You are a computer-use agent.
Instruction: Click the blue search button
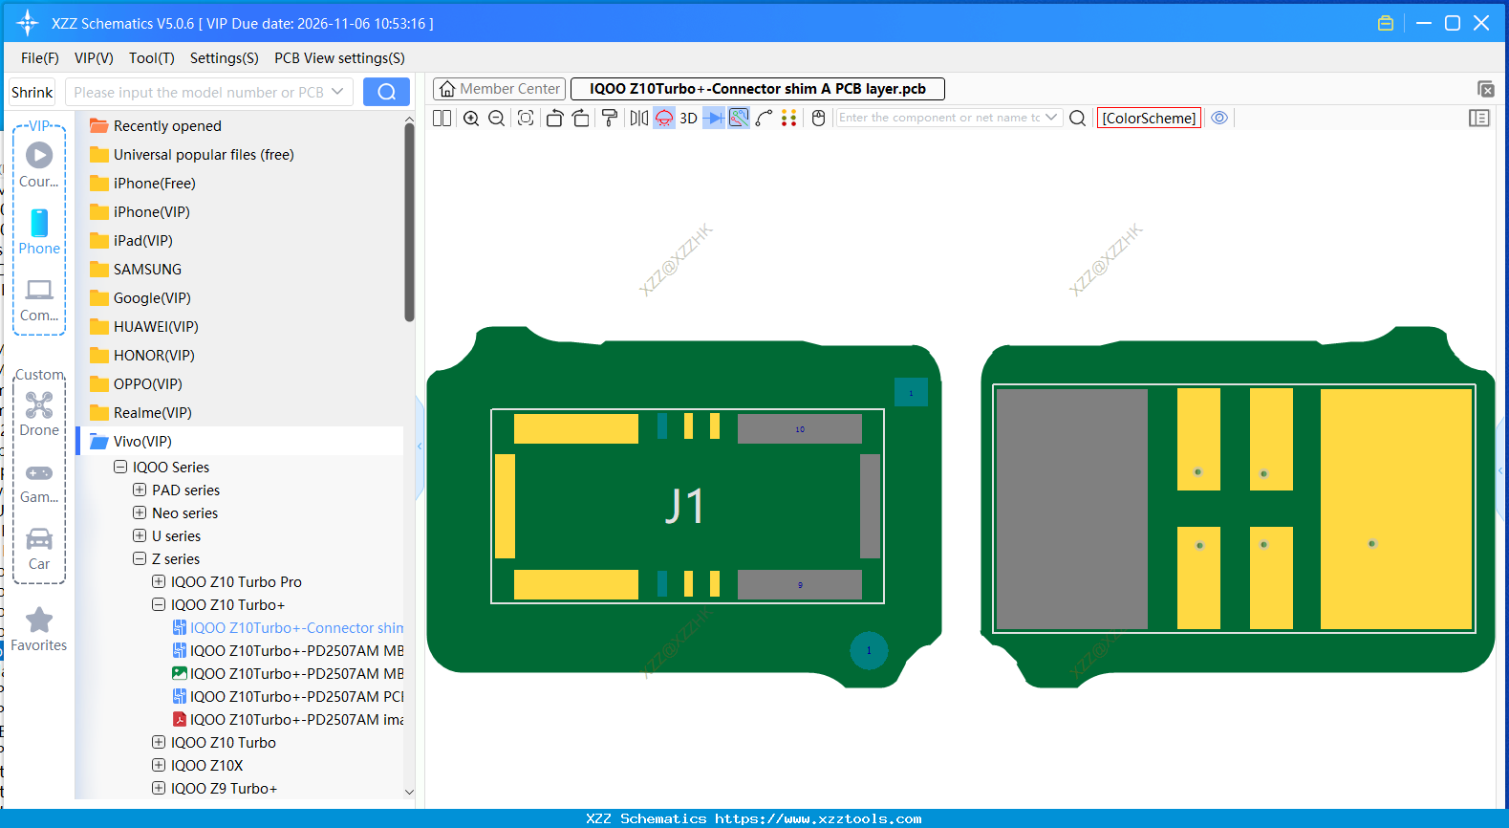coord(386,92)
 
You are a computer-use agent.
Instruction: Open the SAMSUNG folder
coord(147,270)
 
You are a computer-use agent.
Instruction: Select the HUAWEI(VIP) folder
coord(156,327)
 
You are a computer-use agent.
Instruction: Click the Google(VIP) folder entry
coord(152,298)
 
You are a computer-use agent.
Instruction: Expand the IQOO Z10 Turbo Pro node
coord(159,581)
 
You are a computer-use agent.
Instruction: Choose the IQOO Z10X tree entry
coord(206,765)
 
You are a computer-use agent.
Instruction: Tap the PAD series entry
coord(185,490)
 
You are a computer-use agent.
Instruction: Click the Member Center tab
coord(500,89)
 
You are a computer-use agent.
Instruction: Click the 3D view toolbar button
coord(688,118)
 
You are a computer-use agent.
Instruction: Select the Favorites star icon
coord(39,621)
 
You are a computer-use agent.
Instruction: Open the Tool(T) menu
coord(151,58)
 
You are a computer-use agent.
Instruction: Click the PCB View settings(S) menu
coord(339,58)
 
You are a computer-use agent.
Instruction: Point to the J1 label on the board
coord(684,506)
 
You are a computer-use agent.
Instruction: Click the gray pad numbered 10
coord(799,429)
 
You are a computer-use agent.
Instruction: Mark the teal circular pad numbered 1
coord(869,650)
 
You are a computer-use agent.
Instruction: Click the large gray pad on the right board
coord(1071,509)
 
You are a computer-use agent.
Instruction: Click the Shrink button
coord(32,92)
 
